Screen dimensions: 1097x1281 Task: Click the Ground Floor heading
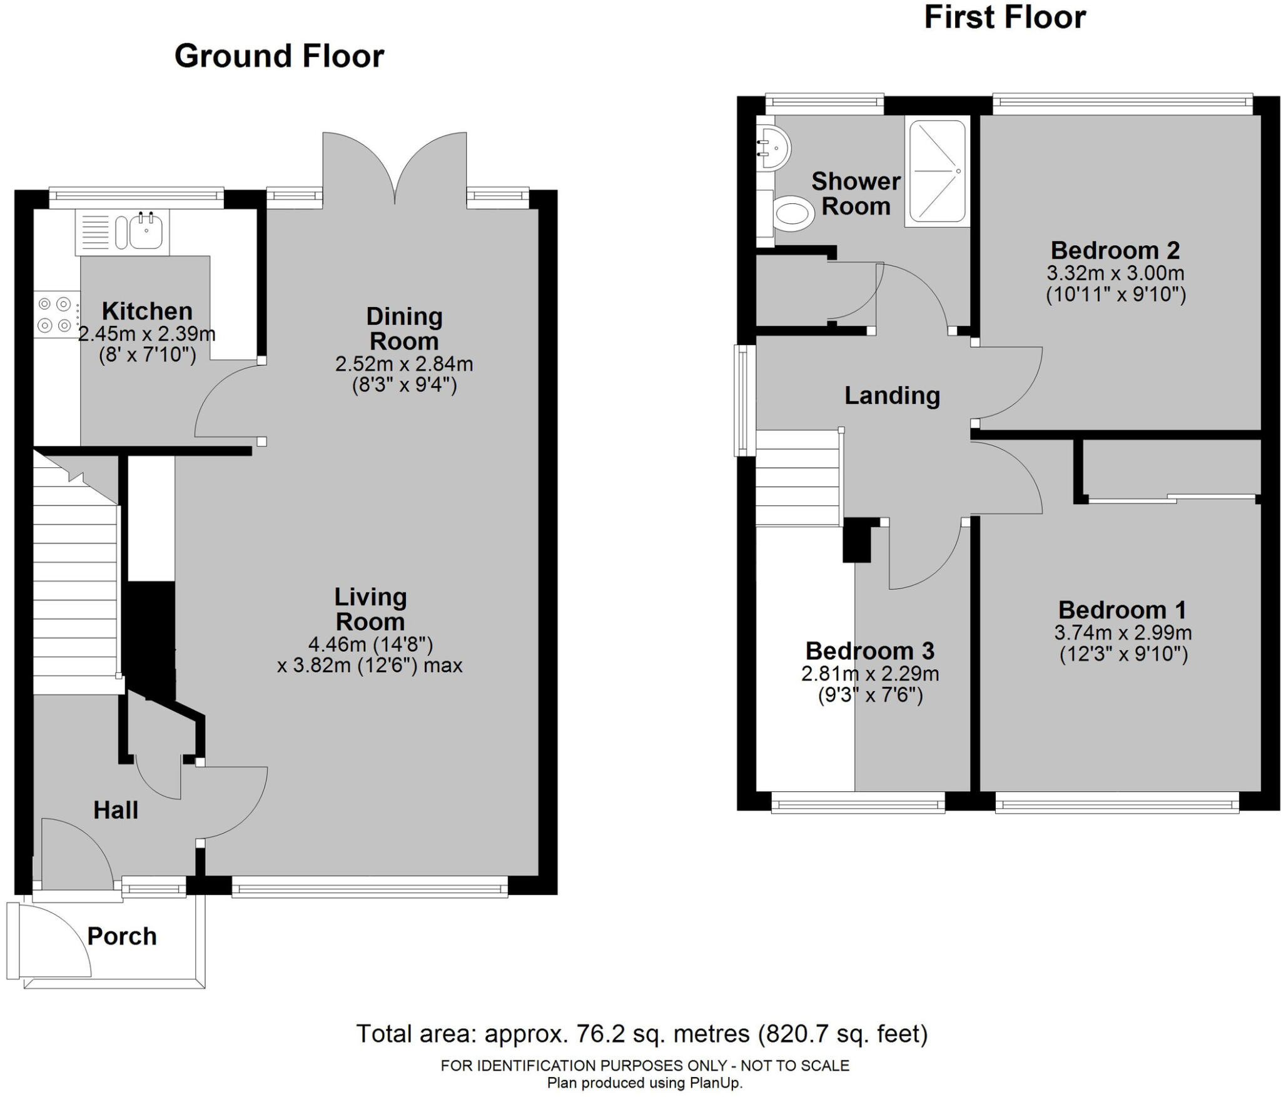click(279, 56)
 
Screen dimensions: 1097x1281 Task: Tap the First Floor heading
click(1005, 18)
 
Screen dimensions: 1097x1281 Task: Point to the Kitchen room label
click(147, 311)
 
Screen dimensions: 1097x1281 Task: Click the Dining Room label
click(404, 329)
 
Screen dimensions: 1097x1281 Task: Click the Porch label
click(122, 936)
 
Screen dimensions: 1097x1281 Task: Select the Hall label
click(116, 810)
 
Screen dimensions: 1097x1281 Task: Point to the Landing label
click(892, 395)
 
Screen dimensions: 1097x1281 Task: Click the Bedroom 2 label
click(1115, 250)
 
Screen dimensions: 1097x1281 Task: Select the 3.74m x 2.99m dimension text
click(1123, 632)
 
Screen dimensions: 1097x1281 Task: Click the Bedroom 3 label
click(869, 651)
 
